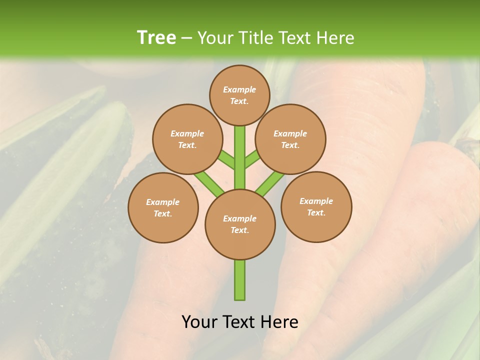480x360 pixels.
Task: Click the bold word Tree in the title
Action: (156, 37)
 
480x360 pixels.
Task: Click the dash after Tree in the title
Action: (187, 38)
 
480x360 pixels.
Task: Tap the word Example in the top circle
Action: (239, 89)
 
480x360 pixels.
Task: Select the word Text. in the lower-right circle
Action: (316, 212)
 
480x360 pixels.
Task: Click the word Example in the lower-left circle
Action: (163, 202)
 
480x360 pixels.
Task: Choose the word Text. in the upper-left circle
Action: (187, 145)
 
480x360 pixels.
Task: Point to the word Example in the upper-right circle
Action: (290, 133)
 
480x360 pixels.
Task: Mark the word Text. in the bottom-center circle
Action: (239, 230)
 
